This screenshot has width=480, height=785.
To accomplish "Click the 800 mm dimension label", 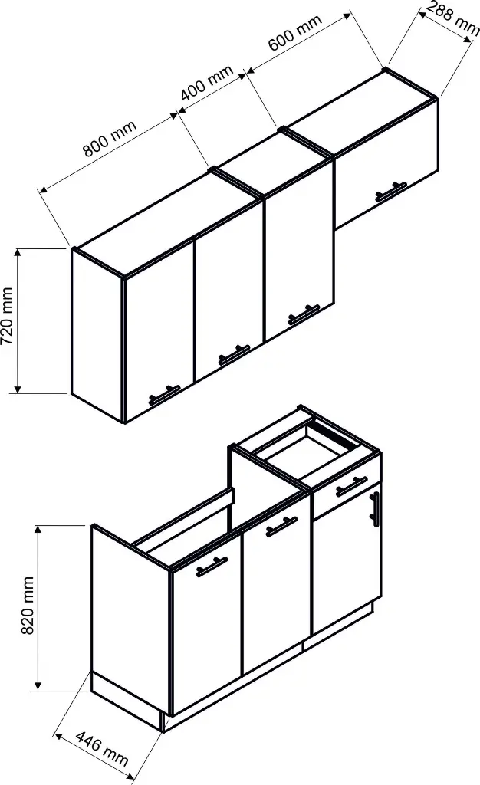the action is coord(110,139).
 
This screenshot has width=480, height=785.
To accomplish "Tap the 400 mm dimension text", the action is coord(207,82).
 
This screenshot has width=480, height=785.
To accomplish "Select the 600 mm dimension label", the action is coord(294,33).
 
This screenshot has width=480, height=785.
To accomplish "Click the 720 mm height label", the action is coord(7,316).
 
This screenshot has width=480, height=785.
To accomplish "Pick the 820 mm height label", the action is coord(28,606).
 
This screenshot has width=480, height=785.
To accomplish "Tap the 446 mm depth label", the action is coord(102,748).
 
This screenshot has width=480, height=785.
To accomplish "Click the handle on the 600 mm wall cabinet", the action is coord(391,192).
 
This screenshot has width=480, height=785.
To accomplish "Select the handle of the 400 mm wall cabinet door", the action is coord(304,314).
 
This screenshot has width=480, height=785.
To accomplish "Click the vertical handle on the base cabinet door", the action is coord(375,509).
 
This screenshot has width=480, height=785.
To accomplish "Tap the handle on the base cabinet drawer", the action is coord(351,487).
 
